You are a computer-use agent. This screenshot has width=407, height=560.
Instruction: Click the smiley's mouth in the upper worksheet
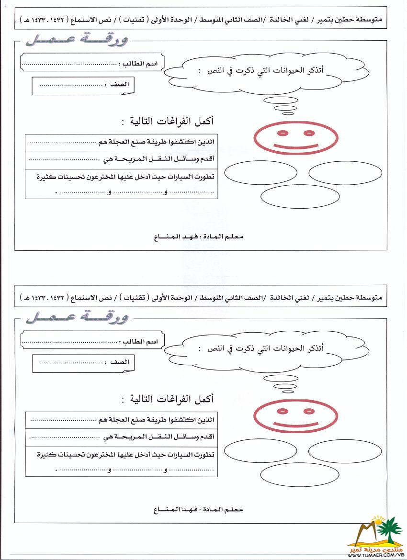295,144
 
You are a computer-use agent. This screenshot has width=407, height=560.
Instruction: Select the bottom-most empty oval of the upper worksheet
294,197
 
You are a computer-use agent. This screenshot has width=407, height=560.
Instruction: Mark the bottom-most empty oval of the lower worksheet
294,474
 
